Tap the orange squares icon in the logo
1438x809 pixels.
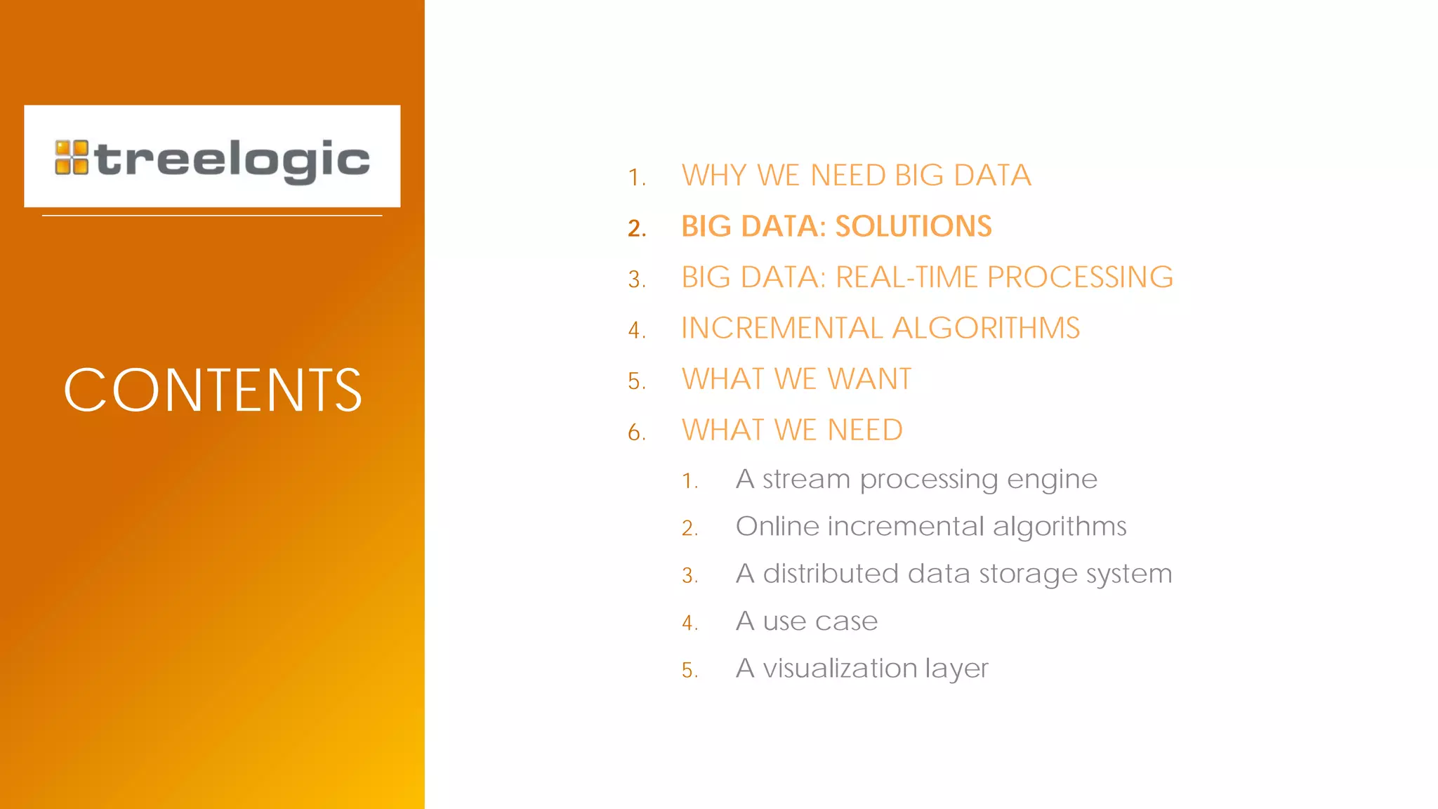[x=72, y=157]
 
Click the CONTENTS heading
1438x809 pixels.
[x=213, y=390]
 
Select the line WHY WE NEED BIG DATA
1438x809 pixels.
[x=856, y=176]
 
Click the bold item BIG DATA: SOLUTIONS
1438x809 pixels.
[x=836, y=226]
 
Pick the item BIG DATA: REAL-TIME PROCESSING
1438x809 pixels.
[x=927, y=277]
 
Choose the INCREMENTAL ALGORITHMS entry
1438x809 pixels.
[x=880, y=328]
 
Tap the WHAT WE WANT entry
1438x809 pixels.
[x=796, y=379]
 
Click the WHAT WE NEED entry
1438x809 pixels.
[x=792, y=430]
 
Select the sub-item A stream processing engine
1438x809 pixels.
[x=916, y=480]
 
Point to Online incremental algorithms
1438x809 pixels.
[x=931, y=527]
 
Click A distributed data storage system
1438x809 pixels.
[x=954, y=574]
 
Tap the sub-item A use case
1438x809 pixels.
[x=807, y=621]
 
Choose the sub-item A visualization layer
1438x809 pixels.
[x=862, y=669]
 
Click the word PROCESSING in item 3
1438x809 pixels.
[x=1080, y=277]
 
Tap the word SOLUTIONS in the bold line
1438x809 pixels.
[x=913, y=226]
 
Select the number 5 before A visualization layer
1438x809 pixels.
[x=689, y=670]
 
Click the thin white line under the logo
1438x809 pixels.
[x=212, y=216]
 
